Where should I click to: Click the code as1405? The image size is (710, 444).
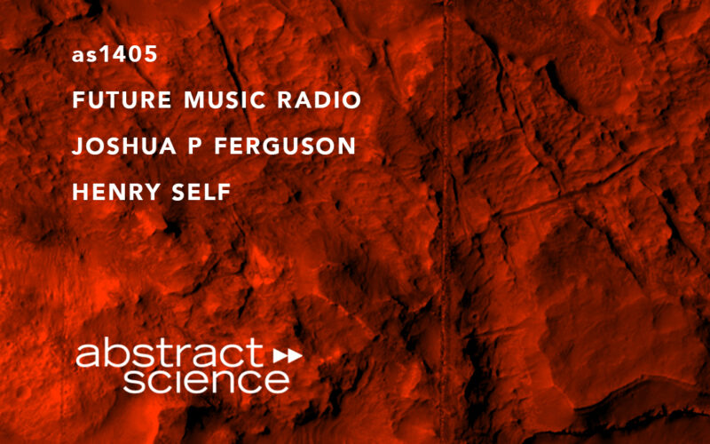point(114,55)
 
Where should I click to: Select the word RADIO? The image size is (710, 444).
point(319,101)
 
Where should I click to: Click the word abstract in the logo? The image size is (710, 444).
point(170,355)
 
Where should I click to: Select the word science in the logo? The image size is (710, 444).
point(206,381)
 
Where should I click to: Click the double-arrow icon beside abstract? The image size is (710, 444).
point(288,355)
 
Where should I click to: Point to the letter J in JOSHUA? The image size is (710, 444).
point(78,147)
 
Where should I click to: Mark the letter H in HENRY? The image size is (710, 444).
point(80,192)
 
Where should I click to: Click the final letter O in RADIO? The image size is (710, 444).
point(351,101)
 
